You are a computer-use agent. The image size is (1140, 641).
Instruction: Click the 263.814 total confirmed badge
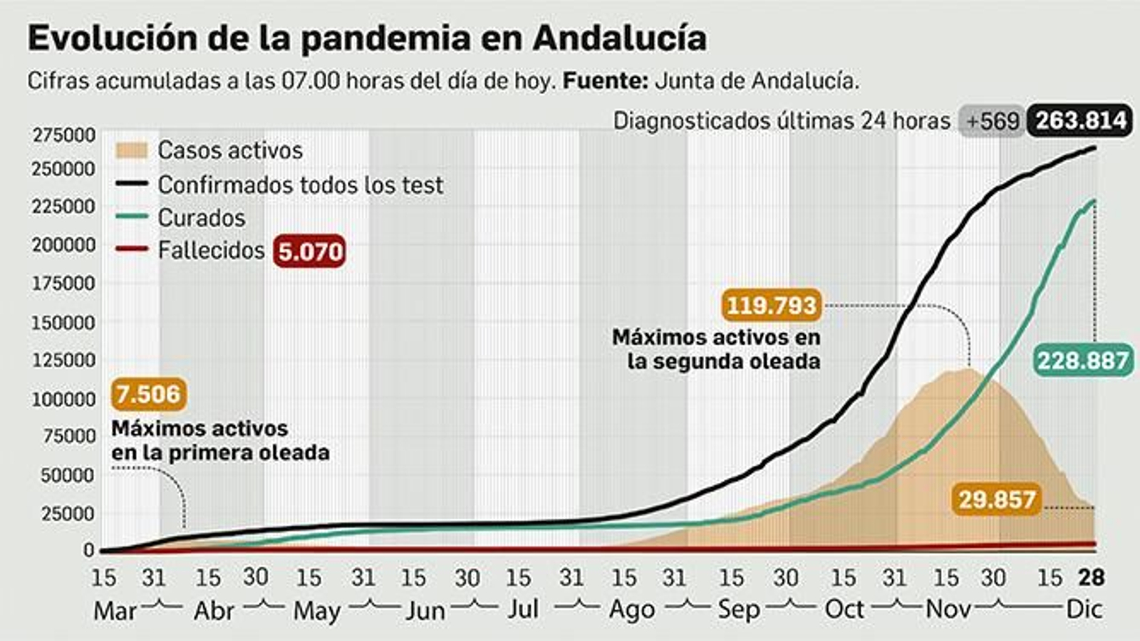pos(1080,121)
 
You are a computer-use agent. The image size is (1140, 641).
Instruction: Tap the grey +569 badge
pos(993,121)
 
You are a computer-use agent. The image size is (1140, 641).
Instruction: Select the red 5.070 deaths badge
pos(309,251)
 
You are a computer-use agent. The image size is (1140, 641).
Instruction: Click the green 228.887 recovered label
pos(1082,360)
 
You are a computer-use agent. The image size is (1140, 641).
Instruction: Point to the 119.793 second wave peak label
pos(771,305)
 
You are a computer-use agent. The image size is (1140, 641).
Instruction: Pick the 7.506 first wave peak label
pos(148,394)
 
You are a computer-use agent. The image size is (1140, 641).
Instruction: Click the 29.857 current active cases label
pos(996,499)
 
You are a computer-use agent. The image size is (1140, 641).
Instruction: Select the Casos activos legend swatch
pos(130,150)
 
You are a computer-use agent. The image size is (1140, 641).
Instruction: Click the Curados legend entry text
pos(201,218)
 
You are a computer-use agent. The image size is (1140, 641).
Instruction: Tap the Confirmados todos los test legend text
pos(300,185)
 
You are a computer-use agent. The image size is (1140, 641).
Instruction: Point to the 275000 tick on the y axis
pos(63,135)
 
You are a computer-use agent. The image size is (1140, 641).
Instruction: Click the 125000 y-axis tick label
pos(63,360)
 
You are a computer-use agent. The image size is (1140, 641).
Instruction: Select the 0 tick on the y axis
pos(88,550)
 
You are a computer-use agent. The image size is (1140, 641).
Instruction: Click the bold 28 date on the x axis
pos(1090,577)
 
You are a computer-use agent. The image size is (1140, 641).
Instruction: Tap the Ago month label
pos(632,610)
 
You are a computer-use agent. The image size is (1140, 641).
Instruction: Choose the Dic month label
pos(1084,610)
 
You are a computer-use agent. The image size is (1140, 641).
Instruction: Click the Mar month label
pos(114,610)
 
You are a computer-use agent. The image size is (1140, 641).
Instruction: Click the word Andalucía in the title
pos(619,38)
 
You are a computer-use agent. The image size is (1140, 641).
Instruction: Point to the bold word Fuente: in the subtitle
pos(605,80)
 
